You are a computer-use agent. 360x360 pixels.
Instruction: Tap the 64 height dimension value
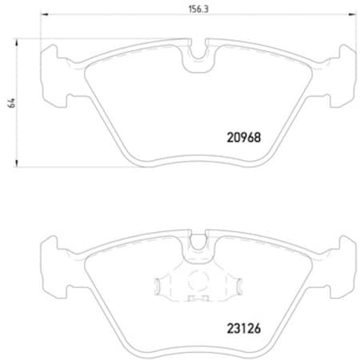pos(10,102)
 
